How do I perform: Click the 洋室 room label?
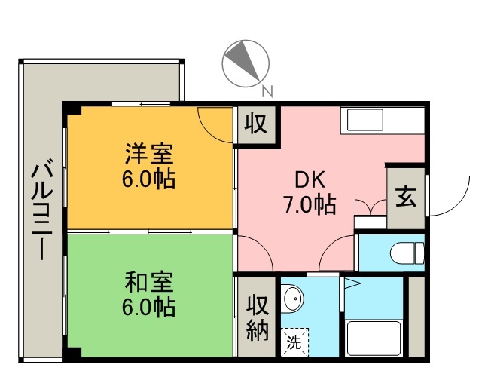click(149, 155)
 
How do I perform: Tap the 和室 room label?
click(149, 283)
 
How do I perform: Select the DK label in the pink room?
click(310, 179)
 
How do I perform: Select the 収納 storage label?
click(257, 318)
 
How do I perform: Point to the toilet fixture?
click(407, 251)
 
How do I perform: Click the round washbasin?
click(293, 299)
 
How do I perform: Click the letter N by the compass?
click(266, 92)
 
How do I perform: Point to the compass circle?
click(246, 61)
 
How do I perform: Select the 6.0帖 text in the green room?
click(149, 308)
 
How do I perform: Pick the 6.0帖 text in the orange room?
click(149, 180)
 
